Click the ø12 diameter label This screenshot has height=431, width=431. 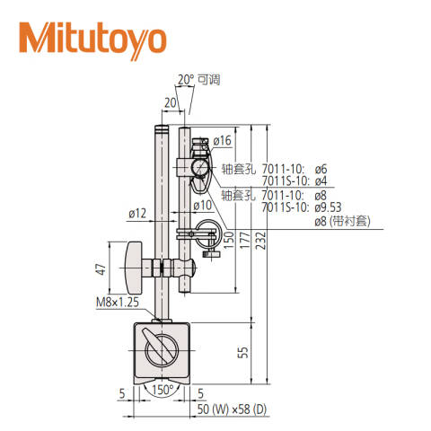(137, 213)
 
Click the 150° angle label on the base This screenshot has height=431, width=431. (163, 392)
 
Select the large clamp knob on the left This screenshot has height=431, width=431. (134, 268)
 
